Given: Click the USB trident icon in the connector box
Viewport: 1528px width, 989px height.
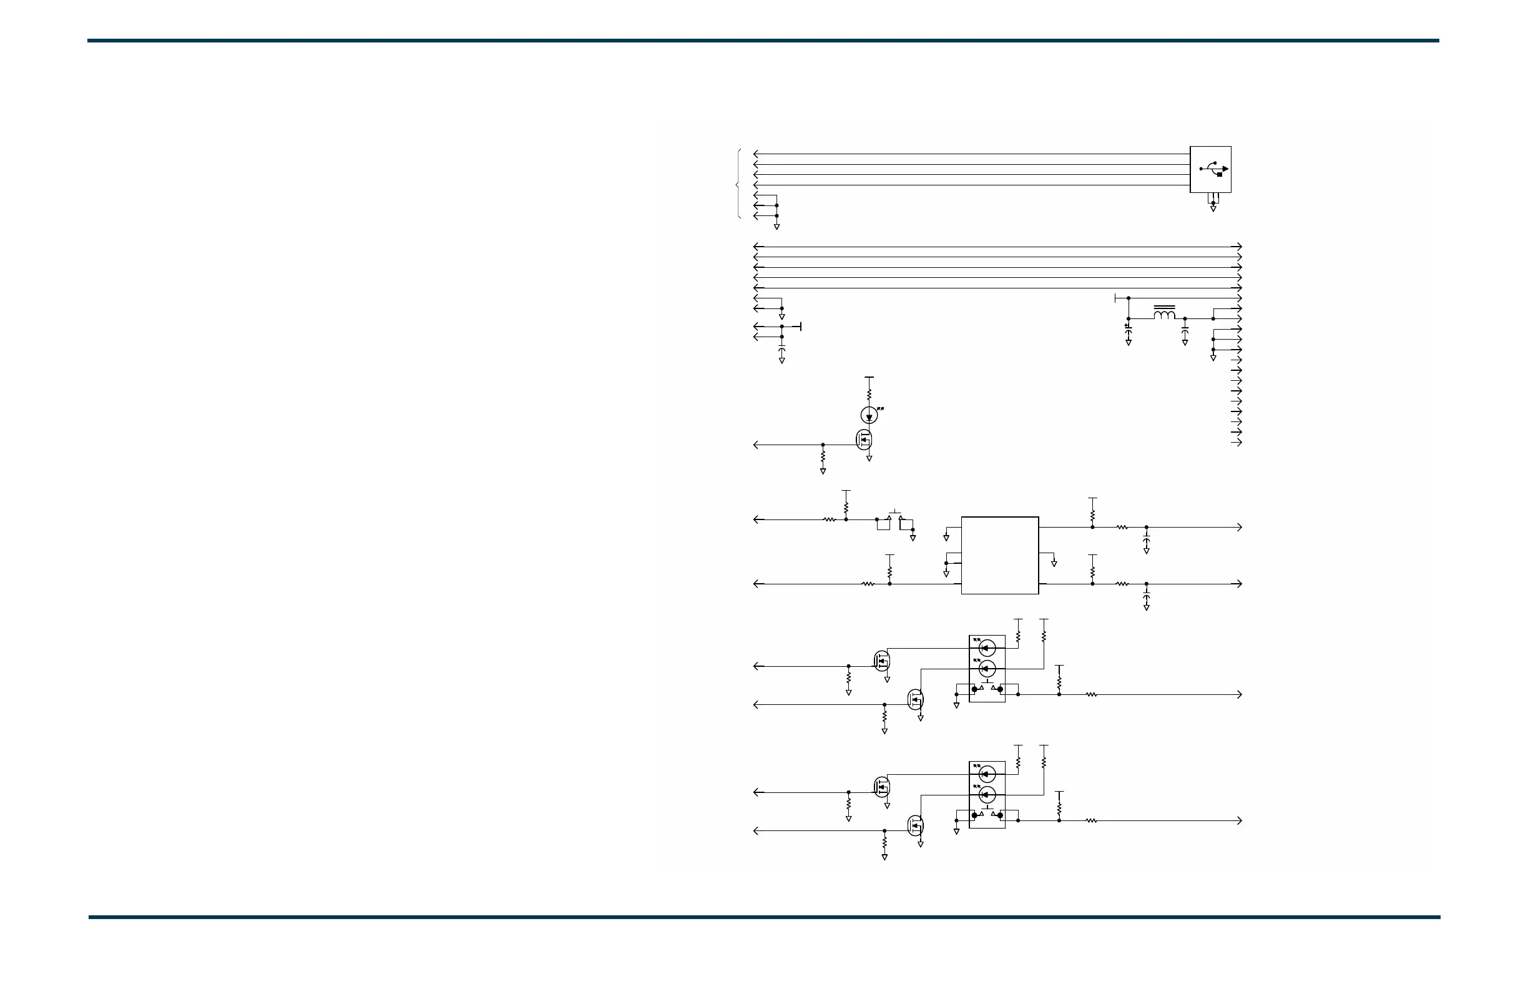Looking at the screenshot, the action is point(1213,169).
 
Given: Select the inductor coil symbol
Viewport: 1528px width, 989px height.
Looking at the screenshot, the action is point(1164,315).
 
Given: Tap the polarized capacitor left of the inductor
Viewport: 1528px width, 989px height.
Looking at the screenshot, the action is point(1128,328).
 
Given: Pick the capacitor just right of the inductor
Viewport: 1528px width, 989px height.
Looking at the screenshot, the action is point(1185,329).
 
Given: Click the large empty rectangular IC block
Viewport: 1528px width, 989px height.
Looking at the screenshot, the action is point(999,556).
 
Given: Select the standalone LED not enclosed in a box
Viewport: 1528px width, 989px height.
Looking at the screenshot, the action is point(869,415).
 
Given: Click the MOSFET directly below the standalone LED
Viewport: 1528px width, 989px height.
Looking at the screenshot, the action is point(864,440).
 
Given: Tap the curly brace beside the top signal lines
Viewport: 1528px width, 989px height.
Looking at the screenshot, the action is point(738,185).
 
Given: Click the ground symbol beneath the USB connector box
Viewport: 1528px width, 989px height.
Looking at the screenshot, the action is point(1213,209).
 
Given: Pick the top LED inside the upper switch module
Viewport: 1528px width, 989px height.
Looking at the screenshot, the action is point(987,648).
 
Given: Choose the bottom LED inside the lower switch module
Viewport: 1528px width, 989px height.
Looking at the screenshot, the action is point(987,795).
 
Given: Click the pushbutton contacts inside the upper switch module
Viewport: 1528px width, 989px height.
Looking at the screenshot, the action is point(987,689).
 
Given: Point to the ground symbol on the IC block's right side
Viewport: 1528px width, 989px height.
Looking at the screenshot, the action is point(1054,563).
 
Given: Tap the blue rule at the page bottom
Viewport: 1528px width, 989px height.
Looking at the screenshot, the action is point(764,917).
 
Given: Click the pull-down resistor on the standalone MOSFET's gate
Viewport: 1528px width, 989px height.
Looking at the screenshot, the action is point(823,456).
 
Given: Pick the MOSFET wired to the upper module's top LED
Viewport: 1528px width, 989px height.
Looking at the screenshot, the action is point(882,660).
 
